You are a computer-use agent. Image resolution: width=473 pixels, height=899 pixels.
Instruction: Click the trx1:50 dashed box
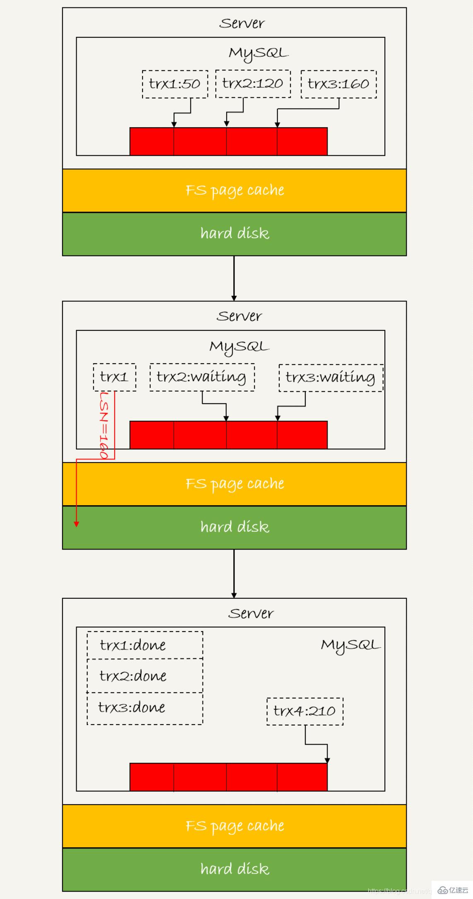point(175,84)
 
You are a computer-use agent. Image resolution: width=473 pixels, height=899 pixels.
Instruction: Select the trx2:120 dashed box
point(253,84)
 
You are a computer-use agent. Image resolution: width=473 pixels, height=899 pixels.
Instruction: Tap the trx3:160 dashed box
point(338,84)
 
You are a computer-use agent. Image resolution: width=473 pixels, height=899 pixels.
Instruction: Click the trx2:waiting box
point(202,377)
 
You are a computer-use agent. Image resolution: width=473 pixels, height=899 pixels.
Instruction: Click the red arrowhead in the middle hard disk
point(77,523)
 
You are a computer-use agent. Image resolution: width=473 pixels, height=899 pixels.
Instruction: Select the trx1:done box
point(145,645)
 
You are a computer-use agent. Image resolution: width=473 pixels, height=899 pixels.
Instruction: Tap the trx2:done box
point(145,676)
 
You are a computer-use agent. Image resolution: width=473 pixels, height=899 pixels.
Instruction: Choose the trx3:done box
point(145,708)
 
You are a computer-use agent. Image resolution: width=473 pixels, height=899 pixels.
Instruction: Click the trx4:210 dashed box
point(305,711)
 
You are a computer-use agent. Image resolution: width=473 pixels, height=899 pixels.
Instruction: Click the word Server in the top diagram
point(241,24)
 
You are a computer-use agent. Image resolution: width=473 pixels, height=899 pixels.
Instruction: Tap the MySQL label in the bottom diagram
point(350,645)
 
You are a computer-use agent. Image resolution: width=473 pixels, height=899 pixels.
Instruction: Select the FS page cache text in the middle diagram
point(234,484)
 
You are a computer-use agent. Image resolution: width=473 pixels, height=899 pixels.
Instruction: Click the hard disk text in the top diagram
point(234,234)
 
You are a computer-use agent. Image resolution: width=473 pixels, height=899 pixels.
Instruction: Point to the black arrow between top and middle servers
point(234,277)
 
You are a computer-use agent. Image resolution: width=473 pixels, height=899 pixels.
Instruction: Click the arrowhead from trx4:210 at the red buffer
point(327,760)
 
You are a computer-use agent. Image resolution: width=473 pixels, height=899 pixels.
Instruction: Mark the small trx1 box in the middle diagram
point(114,377)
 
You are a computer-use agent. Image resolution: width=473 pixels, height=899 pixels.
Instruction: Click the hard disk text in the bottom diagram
point(234,869)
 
